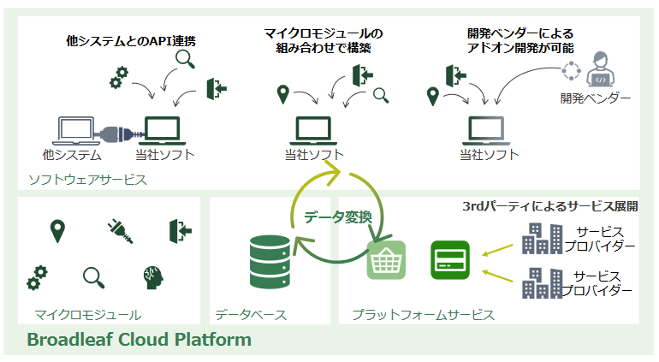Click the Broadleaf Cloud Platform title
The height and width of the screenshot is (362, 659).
pyautogui.click(x=140, y=339)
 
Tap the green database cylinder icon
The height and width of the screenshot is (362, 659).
pyautogui.click(x=270, y=262)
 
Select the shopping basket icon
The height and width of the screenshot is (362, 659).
pyautogui.click(x=386, y=260)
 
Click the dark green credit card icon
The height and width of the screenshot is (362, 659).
pyautogui.click(x=450, y=260)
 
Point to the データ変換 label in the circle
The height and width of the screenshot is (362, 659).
pyautogui.click(x=338, y=217)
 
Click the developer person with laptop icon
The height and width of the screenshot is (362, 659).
pyautogui.click(x=600, y=69)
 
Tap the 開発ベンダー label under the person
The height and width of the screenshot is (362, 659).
pyautogui.click(x=596, y=98)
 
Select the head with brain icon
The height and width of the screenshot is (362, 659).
pyautogui.click(x=153, y=277)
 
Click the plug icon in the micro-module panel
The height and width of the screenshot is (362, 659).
pyautogui.click(x=120, y=232)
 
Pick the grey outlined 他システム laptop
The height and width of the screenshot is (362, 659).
pyautogui.click(x=75, y=131)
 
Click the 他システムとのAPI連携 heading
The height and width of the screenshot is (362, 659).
pyautogui.click(x=131, y=41)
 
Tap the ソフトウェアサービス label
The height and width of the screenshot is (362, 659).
pyautogui.click(x=88, y=180)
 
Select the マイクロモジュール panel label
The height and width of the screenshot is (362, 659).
pyautogui.click(x=88, y=315)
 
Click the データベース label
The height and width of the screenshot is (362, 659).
pyautogui.click(x=251, y=315)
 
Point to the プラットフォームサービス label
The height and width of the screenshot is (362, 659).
pyautogui.click(x=424, y=315)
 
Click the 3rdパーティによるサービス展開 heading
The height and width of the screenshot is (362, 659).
pyautogui.click(x=550, y=206)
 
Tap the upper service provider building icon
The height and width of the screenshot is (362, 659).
pyautogui.click(x=542, y=239)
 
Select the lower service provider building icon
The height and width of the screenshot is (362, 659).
pyautogui.click(x=542, y=283)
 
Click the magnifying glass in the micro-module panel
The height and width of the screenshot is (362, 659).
pyautogui.click(x=94, y=278)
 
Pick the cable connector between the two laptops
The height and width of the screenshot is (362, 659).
pyautogui.click(x=119, y=134)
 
